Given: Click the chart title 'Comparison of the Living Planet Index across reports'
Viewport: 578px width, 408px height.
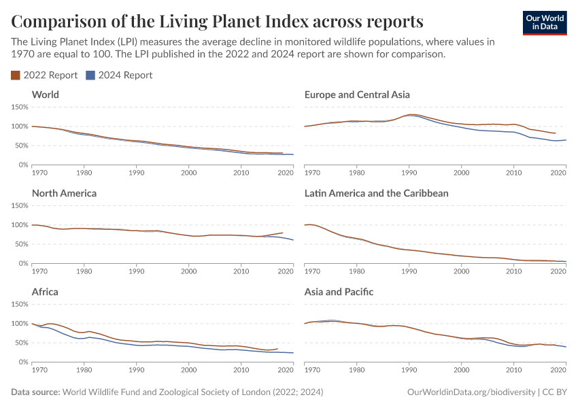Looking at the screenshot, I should (217, 20).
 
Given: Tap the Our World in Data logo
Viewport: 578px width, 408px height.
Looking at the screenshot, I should (544, 22).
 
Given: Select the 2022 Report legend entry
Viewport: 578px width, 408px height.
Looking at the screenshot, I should (45, 75).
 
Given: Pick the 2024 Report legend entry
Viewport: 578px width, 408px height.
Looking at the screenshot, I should (120, 75).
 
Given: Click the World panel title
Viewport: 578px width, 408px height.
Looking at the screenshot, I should (46, 95).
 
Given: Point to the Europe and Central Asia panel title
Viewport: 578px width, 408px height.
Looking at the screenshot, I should (357, 95).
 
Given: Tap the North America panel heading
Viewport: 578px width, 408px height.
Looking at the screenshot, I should (64, 193).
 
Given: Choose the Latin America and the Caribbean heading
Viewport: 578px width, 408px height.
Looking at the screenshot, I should (376, 193).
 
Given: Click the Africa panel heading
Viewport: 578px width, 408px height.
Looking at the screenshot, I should (45, 292).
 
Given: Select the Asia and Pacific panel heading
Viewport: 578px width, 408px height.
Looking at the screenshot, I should (339, 292).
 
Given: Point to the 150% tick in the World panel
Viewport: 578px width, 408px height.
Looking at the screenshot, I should (19, 107).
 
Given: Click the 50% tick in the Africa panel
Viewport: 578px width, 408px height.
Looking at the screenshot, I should (20, 343).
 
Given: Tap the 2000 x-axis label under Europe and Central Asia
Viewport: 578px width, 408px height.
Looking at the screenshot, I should (462, 172).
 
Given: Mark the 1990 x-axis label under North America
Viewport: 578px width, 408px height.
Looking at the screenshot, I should (136, 271).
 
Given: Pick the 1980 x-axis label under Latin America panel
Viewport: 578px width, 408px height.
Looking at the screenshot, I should (357, 271).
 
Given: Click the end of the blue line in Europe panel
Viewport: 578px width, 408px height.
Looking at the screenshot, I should (566, 140).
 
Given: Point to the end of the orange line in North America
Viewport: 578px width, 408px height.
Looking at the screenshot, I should (283, 233).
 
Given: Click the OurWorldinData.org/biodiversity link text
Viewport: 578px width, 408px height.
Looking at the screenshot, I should (471, 392).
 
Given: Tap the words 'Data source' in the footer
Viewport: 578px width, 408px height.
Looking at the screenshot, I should (35, 392).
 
